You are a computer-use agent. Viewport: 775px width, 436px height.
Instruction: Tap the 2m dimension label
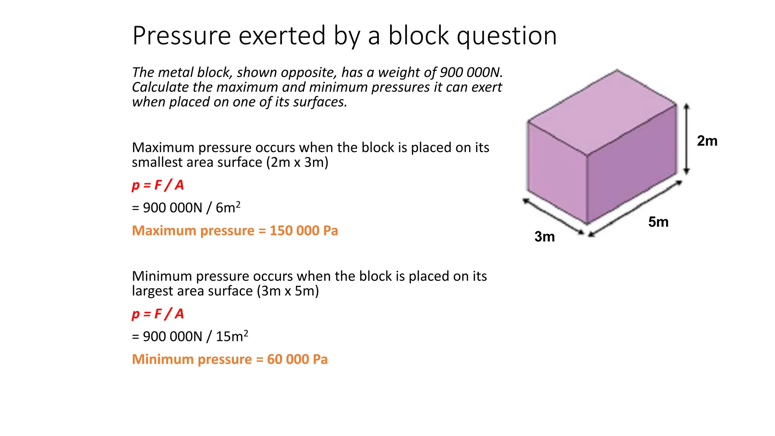707,141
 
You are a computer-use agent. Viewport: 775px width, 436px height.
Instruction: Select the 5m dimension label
658,222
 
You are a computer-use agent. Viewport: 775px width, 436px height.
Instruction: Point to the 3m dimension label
544,237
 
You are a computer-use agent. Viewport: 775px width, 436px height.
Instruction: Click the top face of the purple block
602,112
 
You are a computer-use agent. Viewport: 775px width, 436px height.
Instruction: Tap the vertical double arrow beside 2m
687,139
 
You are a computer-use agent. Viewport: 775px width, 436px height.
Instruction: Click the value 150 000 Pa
303,230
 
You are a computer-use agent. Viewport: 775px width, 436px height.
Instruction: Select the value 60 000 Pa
297,359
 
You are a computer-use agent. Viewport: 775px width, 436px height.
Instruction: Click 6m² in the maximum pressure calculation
228,207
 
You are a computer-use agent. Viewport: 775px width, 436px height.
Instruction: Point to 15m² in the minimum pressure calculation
232,336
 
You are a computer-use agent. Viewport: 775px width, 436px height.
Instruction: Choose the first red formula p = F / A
158,185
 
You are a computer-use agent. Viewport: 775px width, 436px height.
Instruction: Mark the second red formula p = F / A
158,314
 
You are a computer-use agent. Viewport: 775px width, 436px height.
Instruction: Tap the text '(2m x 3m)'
297,162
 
